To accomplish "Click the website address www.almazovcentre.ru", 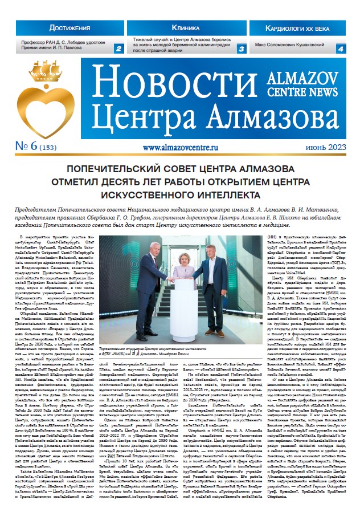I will coord(181,146).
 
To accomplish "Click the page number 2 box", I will coord(118,49).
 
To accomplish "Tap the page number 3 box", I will coord(241,49).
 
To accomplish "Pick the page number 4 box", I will coord(340,49).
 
